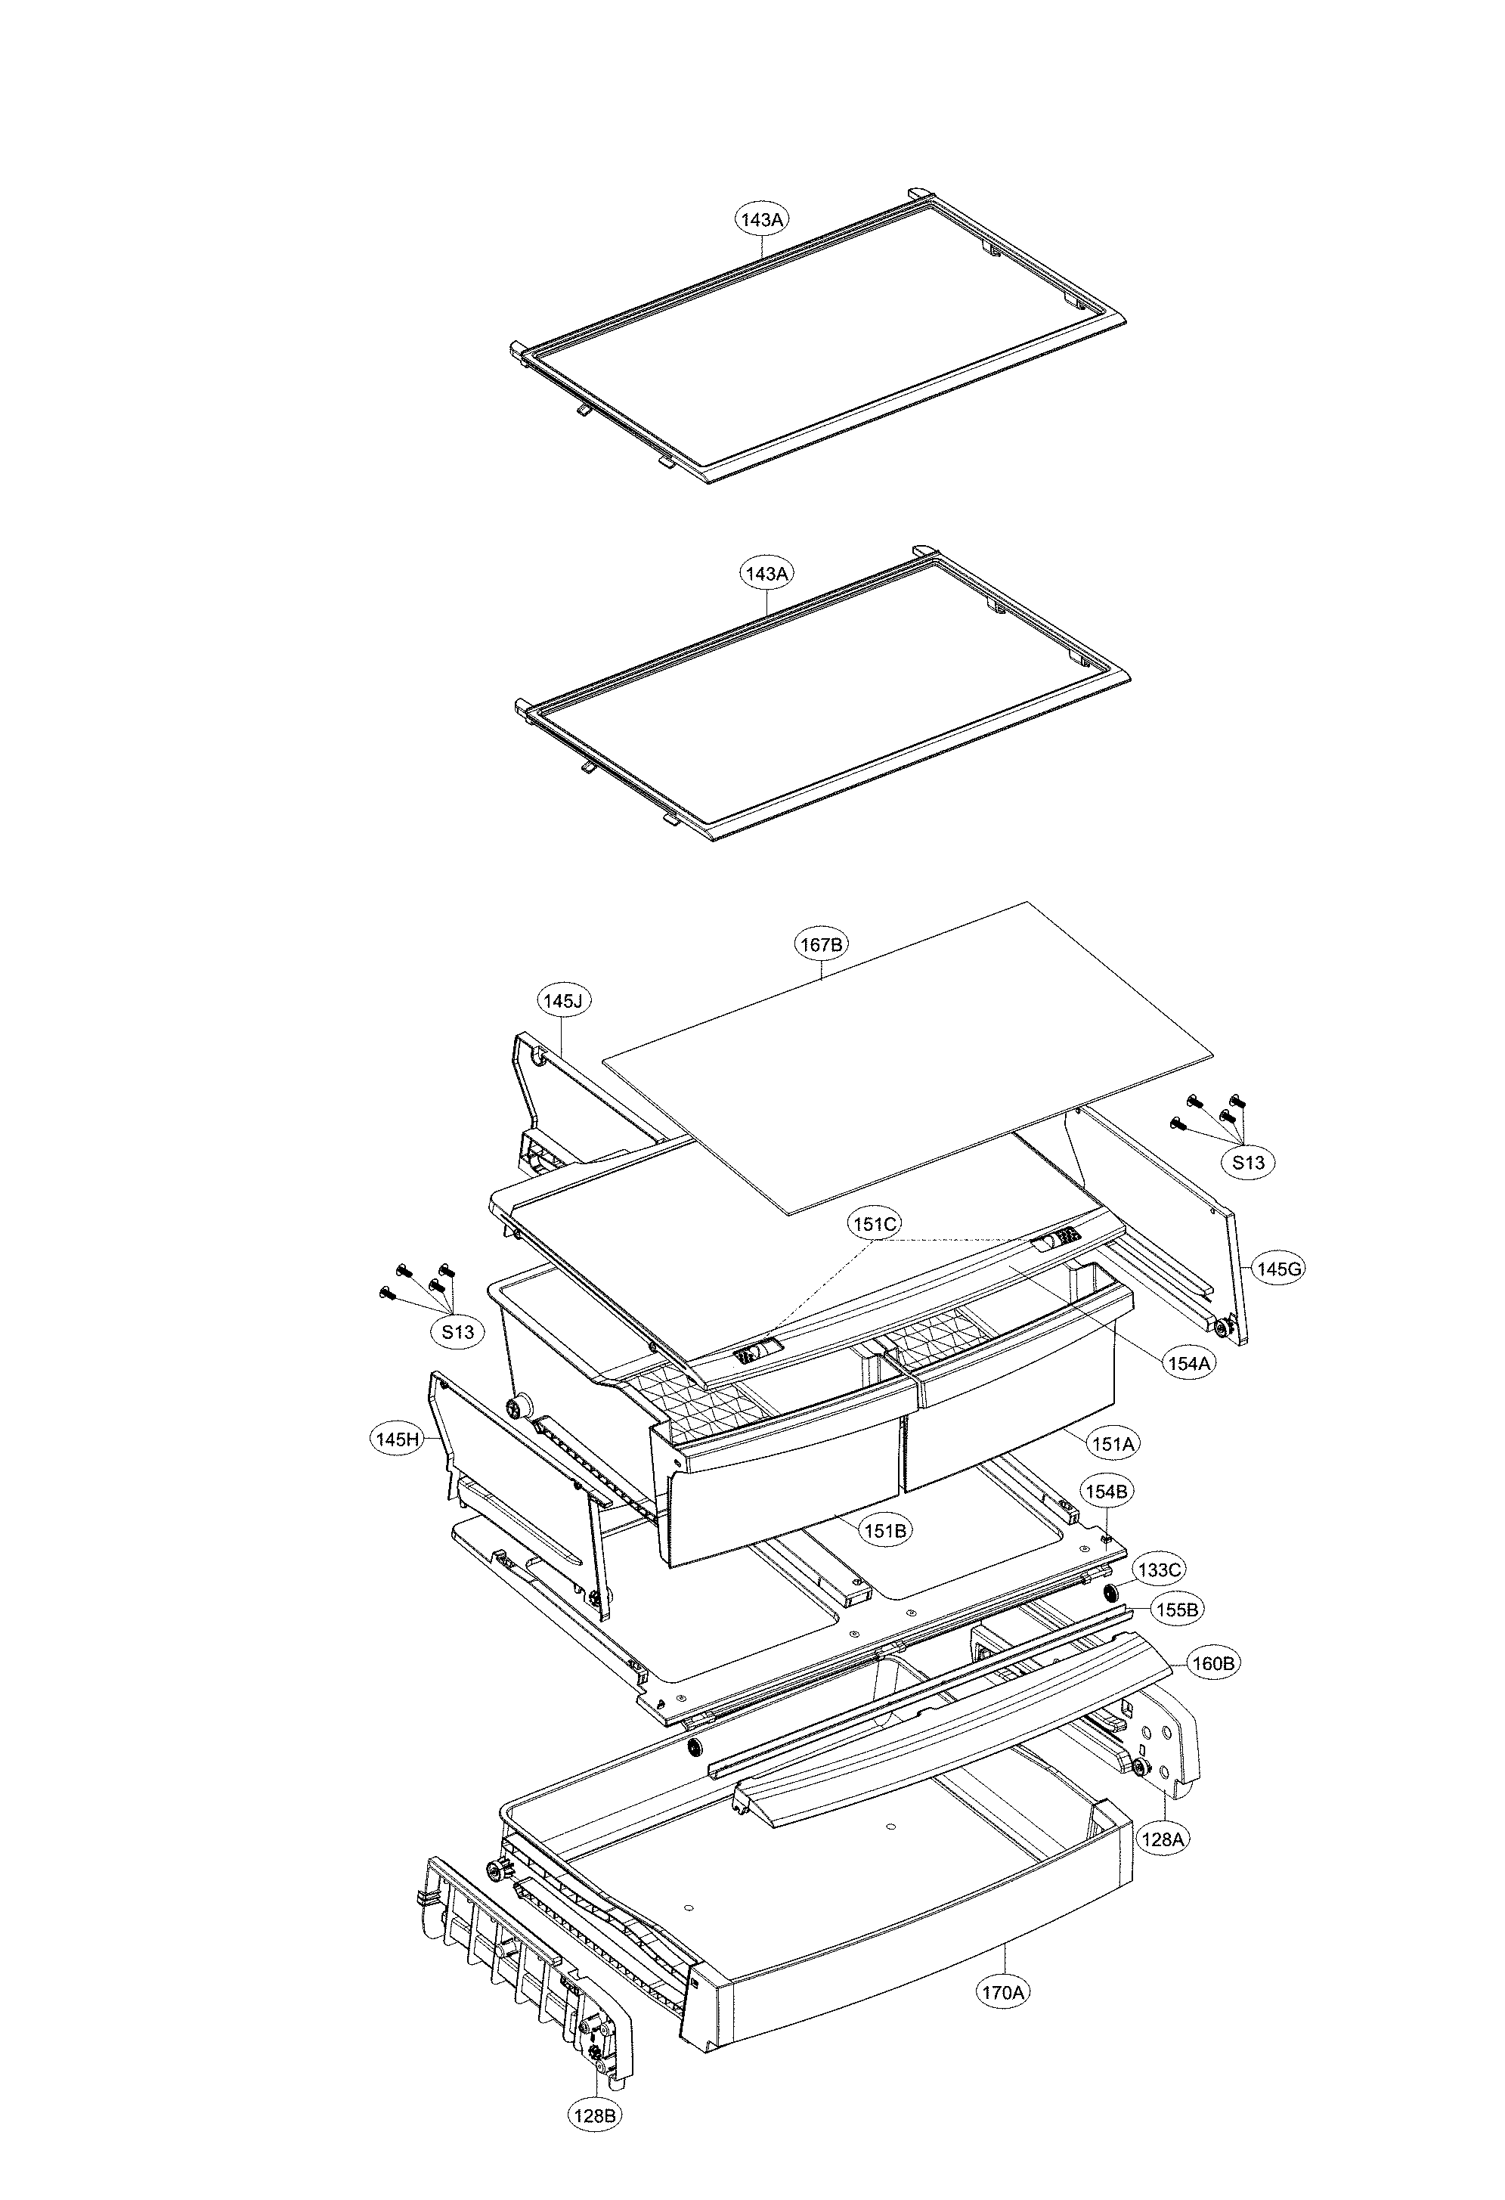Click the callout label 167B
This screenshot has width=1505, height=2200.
821,944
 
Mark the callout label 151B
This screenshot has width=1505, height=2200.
886,1531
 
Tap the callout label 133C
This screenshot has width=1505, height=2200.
1159,1570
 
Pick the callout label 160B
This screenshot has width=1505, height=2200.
1213,1664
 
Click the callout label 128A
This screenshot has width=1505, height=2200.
1163,1839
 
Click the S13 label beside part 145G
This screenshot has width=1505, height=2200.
1247,1164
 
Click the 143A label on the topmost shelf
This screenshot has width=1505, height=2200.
763,219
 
